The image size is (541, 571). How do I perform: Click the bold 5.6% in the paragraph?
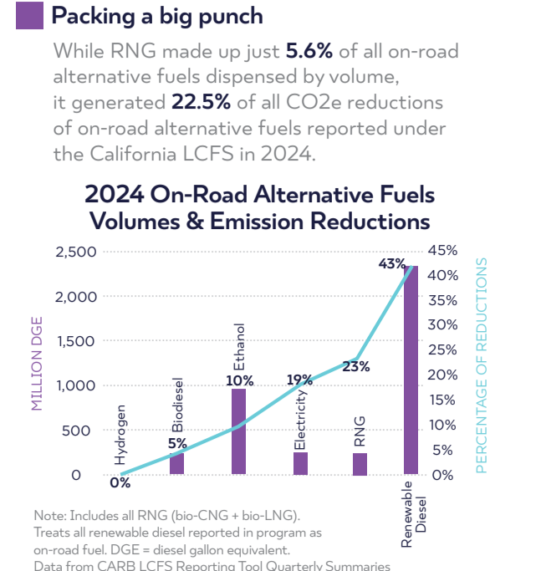point(309,51)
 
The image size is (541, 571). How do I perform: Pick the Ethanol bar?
point(238,431)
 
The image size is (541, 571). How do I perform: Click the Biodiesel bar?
point(176,462)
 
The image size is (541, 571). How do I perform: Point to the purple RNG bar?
point(360,464)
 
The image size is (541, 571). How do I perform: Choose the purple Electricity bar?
point(300,464)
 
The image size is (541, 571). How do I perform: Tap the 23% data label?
point(356,366)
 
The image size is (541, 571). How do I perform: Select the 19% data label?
point(299,380)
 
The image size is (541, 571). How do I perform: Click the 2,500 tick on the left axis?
point(76,252)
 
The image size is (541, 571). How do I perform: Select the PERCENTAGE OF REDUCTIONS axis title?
point(481,365)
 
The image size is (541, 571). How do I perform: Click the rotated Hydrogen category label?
point(121,435)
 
